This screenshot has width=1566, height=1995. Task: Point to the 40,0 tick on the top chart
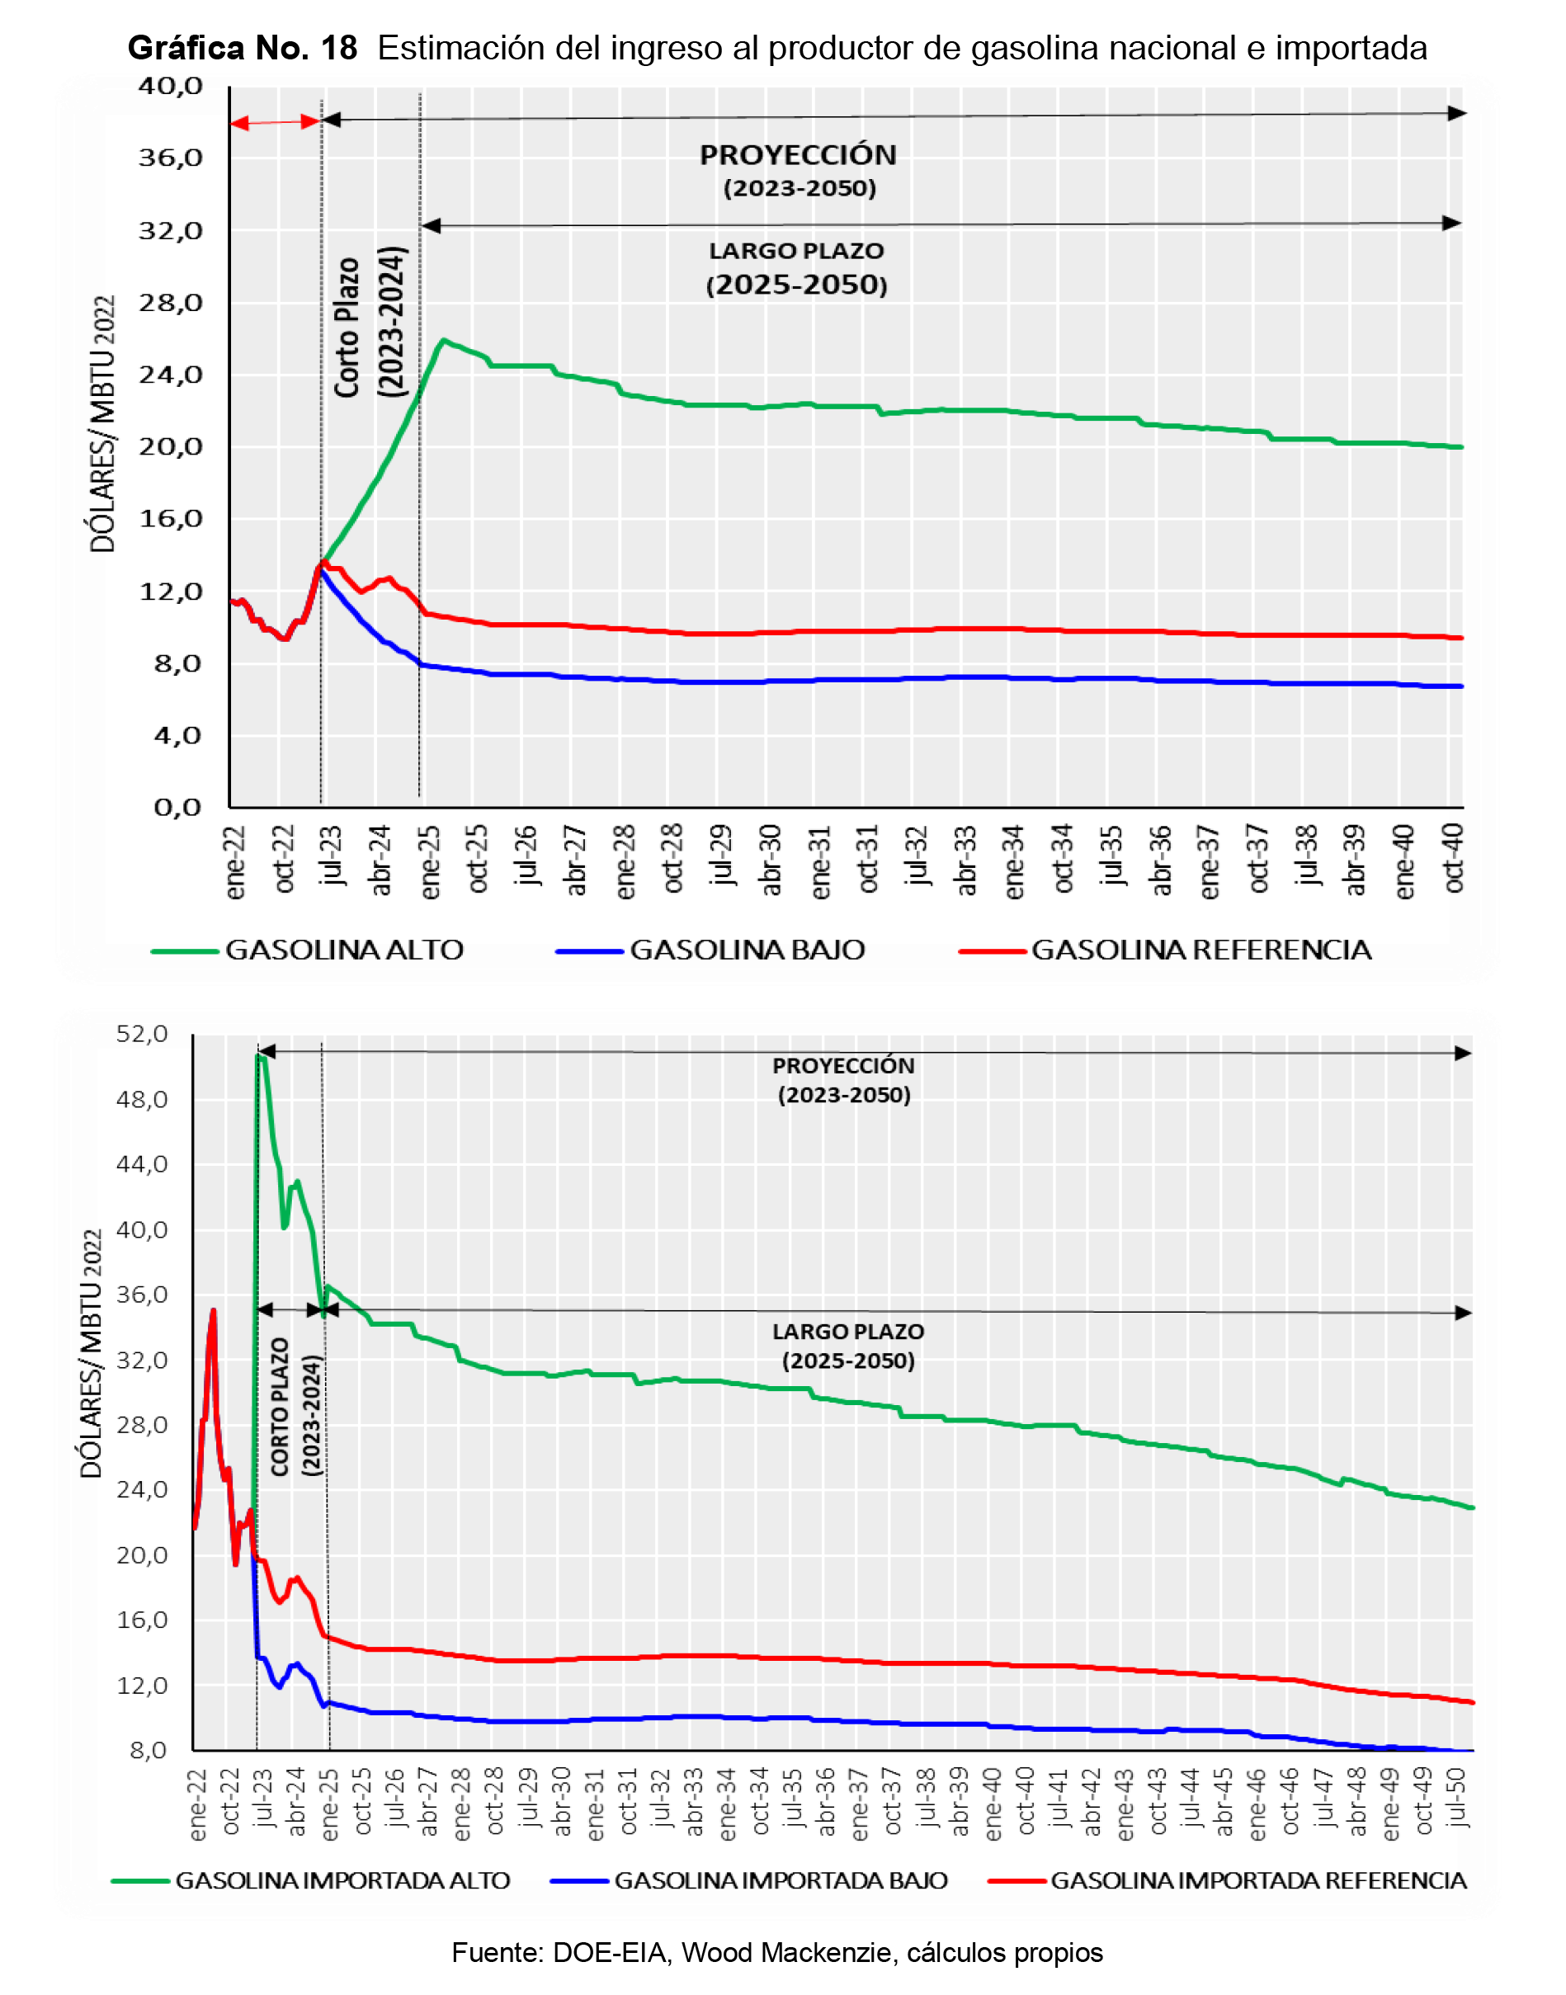pos(171,86)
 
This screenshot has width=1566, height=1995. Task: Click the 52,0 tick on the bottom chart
pos(142,1034)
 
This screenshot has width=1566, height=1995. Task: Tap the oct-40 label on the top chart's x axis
pos(1453,856)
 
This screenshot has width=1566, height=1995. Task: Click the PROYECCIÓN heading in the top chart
pos(798,155)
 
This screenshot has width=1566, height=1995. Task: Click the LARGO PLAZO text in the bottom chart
pos(848,1331)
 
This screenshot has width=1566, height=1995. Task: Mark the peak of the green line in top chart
pos(444,340)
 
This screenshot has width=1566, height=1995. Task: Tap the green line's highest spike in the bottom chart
pos(259,1056)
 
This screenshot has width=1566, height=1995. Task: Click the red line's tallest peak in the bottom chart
pos(213,1310)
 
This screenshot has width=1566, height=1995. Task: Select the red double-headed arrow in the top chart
pos(274,122)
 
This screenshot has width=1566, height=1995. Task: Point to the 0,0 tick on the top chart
pos(177,808)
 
